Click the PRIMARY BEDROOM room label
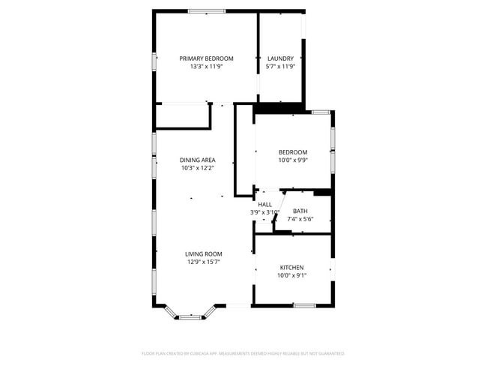(x=206, y=58)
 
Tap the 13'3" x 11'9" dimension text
(x=206, y=67)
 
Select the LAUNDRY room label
(x=281, y=58)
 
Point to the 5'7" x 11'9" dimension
(x=281, y=67)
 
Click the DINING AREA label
(x=198, y=160)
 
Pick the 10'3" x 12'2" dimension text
(x=198, y=168)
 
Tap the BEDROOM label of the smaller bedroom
(x=293, y=152)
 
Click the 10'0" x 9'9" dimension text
(x=293, y=160)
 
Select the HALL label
(x=265, y=205)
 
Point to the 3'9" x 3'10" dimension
(x=265, y=213)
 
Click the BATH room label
(x=300, y=211)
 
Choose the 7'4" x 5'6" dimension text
(x=300, y=220)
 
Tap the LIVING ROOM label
(x=204, y=254)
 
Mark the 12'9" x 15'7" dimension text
(x=204, y=262)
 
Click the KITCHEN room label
(x=292, y=268)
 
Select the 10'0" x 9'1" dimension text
(x=292, y=276)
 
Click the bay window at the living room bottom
(x=190, y=316)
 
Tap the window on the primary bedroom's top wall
(x=206, y=11)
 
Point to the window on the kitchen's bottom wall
(x=303, y=305)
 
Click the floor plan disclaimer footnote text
(x=243, y=352)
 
